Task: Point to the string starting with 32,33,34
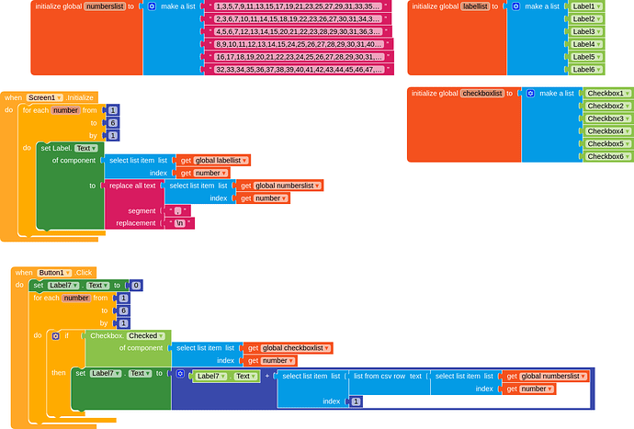[x=299, y=69]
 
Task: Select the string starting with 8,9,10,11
[x=299, y=43]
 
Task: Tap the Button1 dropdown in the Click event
[x=54, y=273]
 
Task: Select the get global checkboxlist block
[x=288, y=348]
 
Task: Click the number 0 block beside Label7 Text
[x=136, y=286]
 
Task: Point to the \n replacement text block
[x=178, y=223]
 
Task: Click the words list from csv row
[x=388, y=377]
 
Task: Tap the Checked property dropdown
[x=145, y=336]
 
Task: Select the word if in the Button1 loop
[x=66, y=336]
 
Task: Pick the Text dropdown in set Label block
[x=85, y=148]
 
